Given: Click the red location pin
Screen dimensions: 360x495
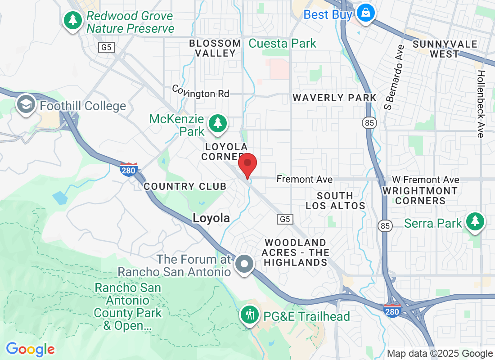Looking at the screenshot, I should pos(247,165).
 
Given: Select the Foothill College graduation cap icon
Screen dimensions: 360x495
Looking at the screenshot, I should pos(26,105).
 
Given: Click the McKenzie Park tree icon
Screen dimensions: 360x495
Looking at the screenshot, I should pos(218,123).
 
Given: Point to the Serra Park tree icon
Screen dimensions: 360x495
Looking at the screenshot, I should pos(474,222).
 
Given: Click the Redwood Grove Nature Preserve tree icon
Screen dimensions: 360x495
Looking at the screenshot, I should pos(72,20).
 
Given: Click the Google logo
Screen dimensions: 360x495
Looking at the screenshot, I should pos(30,349).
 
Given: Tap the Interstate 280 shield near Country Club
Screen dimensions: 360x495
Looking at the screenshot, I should pos(129,169).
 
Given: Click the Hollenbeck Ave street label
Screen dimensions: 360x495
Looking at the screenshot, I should pos(481,104).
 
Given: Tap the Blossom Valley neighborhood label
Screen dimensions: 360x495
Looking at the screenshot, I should pos(215,48).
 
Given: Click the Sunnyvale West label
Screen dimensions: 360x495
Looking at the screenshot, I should pos(445,49).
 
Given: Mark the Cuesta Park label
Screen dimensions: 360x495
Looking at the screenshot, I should pos(283,44).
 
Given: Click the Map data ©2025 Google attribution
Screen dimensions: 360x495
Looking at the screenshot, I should pos(440,354).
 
